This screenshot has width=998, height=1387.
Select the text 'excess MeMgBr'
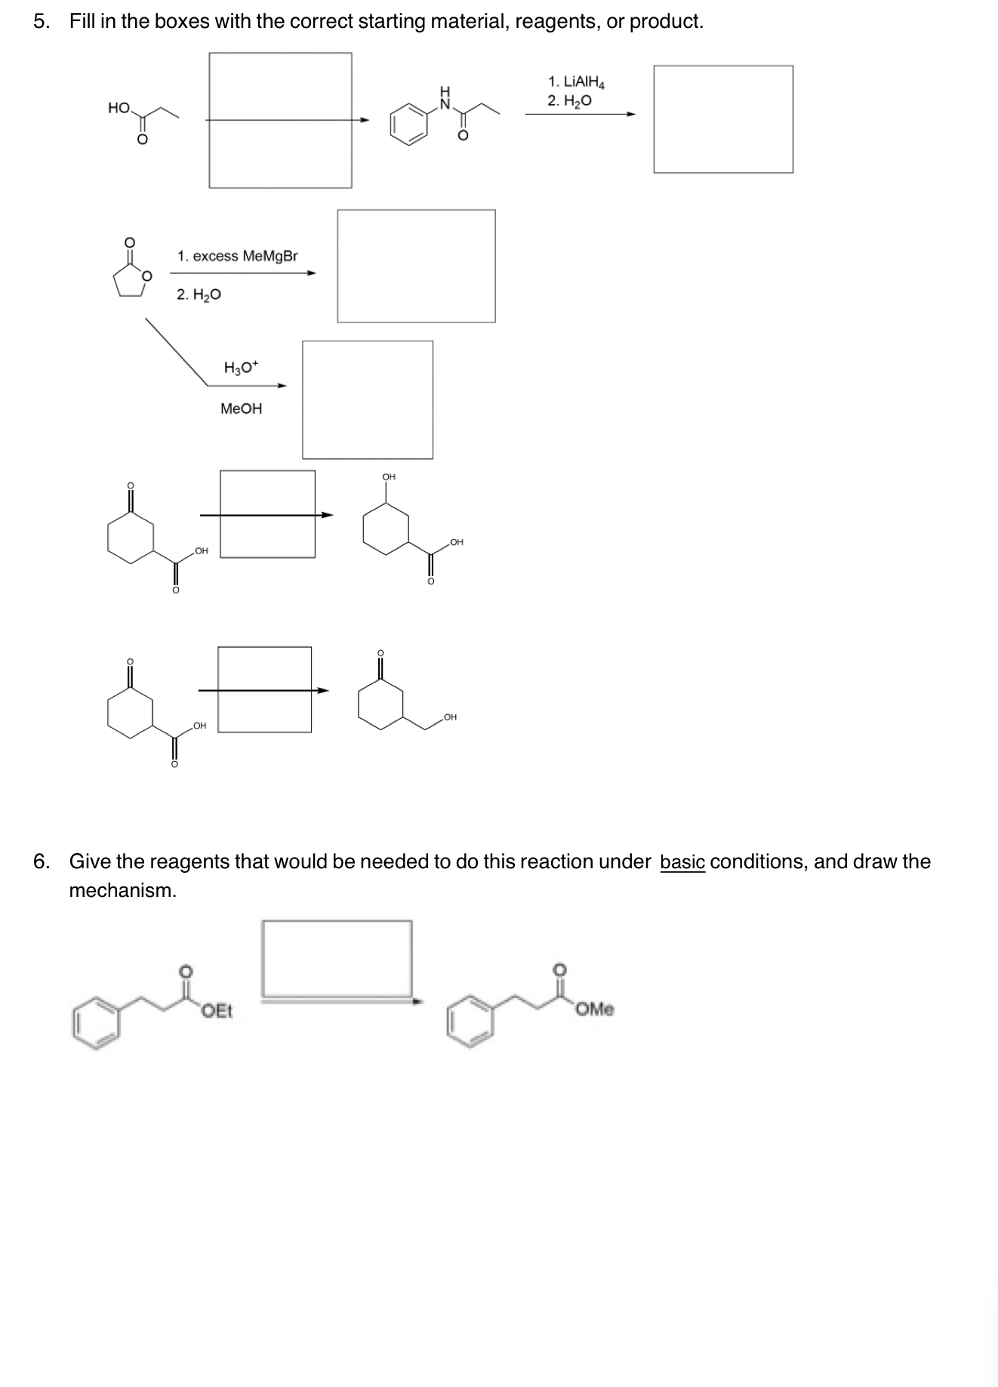point(245,256)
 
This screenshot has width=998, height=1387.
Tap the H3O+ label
point(241,368)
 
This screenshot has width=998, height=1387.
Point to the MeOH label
point(241,408)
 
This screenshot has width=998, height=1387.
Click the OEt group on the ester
point(217,1010)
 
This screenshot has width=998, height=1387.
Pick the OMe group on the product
point(596,1009)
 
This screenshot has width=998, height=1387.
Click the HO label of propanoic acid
point(119,108)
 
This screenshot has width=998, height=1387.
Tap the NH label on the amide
point(445,98)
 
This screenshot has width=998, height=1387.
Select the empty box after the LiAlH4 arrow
point(722,119)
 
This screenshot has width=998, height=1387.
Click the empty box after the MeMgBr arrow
point(416,266)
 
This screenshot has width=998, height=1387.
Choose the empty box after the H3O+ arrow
point(368,399)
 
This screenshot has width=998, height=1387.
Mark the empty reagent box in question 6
point(337,958)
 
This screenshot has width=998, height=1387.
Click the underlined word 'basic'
point(682,861)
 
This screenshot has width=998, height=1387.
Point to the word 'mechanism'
point(122,890)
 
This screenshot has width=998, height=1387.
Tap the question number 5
point(41,21)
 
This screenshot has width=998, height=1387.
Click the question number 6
point(41,861)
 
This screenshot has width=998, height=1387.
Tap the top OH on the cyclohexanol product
point(389,476)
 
